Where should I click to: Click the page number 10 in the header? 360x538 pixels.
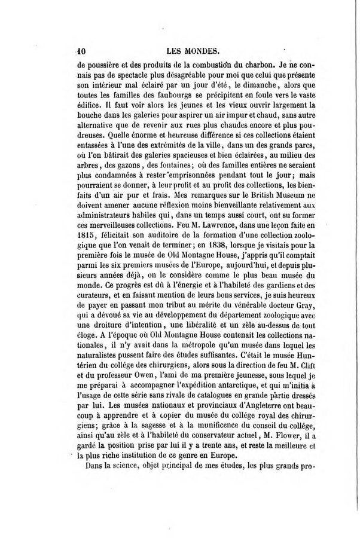[x=83, y=51]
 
